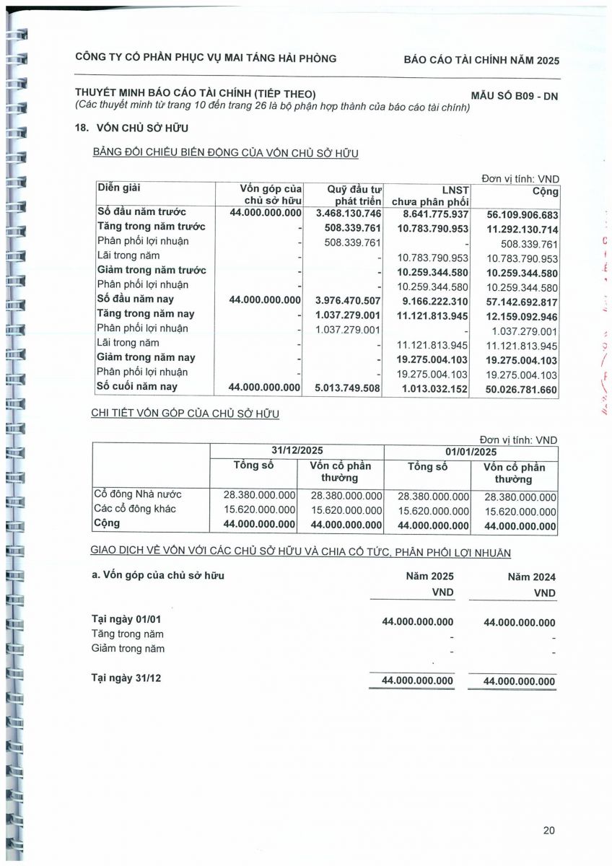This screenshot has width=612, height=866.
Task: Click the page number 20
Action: tap(549, 831)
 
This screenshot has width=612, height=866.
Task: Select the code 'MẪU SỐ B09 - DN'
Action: tap(515, 95)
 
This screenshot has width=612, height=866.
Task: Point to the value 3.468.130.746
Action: tap(349, 214)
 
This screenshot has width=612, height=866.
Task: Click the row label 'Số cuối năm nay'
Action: tap(136, 387)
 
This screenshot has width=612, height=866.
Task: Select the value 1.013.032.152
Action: tap(429, 389)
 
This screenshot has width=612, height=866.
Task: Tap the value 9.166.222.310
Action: tap(429, 301)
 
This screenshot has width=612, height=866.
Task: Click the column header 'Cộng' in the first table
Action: tap(546, 192)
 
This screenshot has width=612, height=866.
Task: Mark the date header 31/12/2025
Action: tap(297, 451)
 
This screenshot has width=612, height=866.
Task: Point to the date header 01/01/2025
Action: tap(471, 452)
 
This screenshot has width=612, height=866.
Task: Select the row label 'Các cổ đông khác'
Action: tap(135, 509)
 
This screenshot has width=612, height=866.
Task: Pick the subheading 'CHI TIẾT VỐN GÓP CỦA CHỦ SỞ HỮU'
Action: tap(185, 414)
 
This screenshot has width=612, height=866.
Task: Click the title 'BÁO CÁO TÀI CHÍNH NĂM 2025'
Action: tap(481, 60)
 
